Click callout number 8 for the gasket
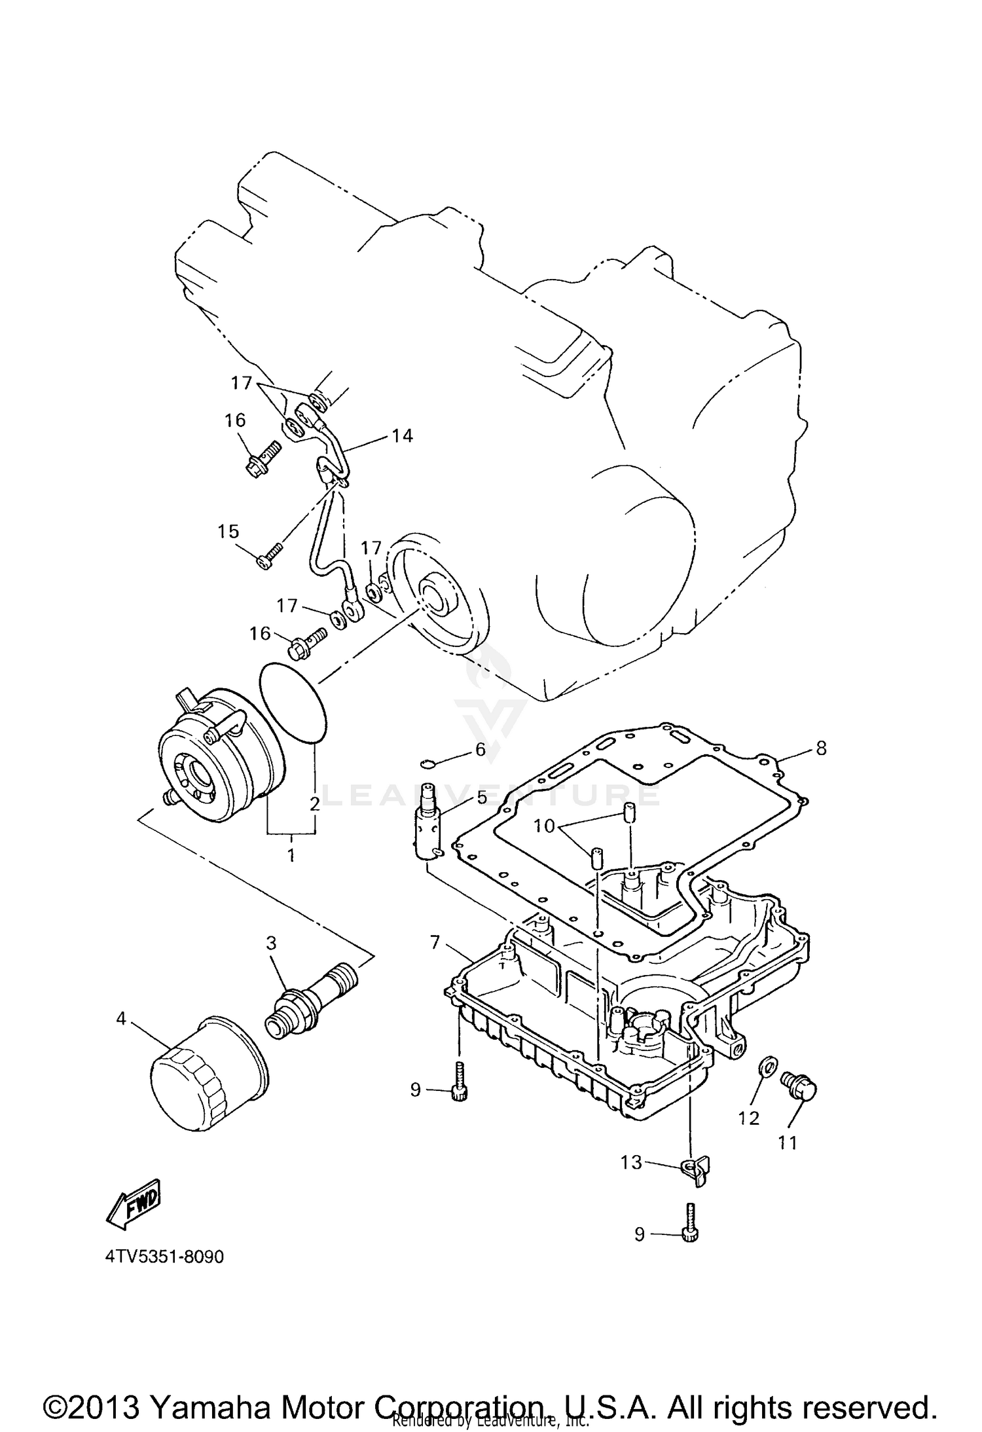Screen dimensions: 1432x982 [x=821, y=748]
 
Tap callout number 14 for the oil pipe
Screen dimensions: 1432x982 [x=402, y=435]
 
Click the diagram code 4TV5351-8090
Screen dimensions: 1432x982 [x=164, y=1257]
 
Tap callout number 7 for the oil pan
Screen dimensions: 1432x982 [x=435, y=944]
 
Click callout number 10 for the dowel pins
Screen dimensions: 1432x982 [x=544, y=826]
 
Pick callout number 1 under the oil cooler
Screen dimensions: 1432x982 [x=291, y=855]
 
